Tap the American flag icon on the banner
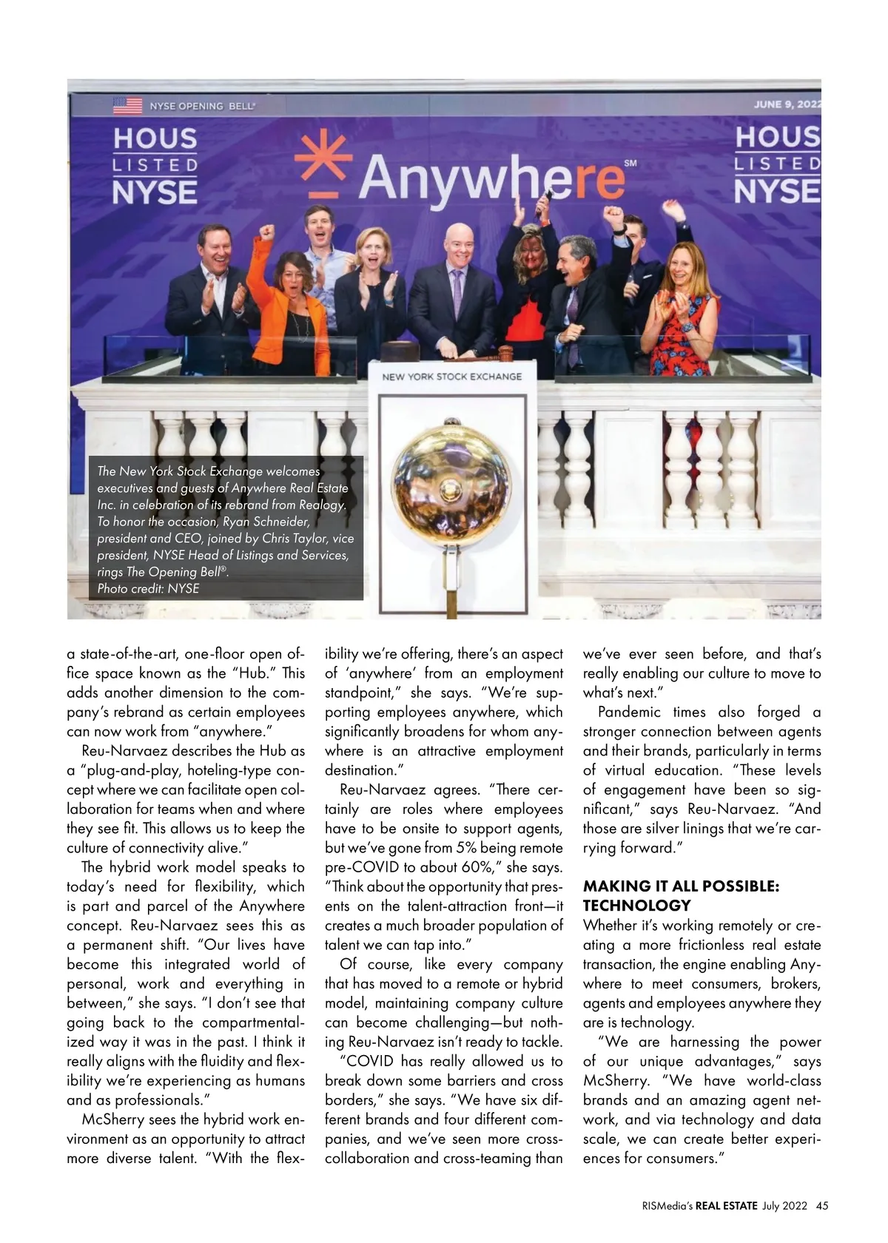(x=127, y=105)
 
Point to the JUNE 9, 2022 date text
(x=787, y=104)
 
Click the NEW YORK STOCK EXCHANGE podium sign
(x=451, y=377)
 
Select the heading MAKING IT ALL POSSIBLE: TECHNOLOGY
(x=681, y=895)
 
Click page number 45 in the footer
(x=822, y=1205)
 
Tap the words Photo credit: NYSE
(x=148, y=589)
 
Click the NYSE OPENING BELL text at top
(x=202, y=106)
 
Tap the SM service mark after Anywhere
(x=630, y=162)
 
